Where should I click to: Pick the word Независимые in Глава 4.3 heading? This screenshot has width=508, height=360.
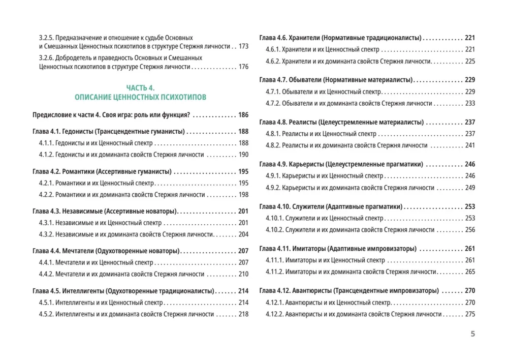84,211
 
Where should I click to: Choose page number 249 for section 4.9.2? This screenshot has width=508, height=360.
469,188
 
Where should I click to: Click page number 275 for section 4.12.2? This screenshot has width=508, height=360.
469,314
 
